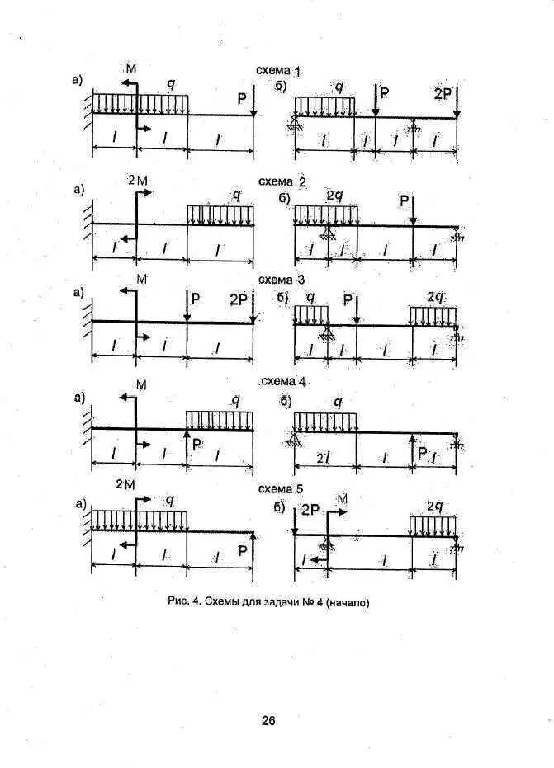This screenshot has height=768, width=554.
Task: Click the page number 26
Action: pos(268,720)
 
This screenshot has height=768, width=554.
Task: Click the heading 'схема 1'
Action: pos(278,72)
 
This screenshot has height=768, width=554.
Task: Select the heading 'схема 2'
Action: pos(282,181)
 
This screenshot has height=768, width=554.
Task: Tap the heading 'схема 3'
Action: pos(282,280)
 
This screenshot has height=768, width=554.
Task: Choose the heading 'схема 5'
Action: pos(282,486)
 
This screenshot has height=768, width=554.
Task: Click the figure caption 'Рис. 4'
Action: pos(268,602)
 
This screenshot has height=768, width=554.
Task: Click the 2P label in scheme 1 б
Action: pos(443,94)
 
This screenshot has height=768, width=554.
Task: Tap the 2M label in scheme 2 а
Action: pos(138,179)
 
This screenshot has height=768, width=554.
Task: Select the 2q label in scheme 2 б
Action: pos(334,196)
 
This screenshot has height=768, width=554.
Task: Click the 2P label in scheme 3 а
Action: pos(238,299)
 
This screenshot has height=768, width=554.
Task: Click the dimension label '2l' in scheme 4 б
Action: pos(324,456)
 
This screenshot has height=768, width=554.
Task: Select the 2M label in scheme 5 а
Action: pos(125,485)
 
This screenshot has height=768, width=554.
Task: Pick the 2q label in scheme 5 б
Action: pos(436,505)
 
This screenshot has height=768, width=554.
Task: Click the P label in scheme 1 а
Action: pos(242,99)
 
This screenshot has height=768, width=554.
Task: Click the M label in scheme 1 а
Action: pos(130,66)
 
